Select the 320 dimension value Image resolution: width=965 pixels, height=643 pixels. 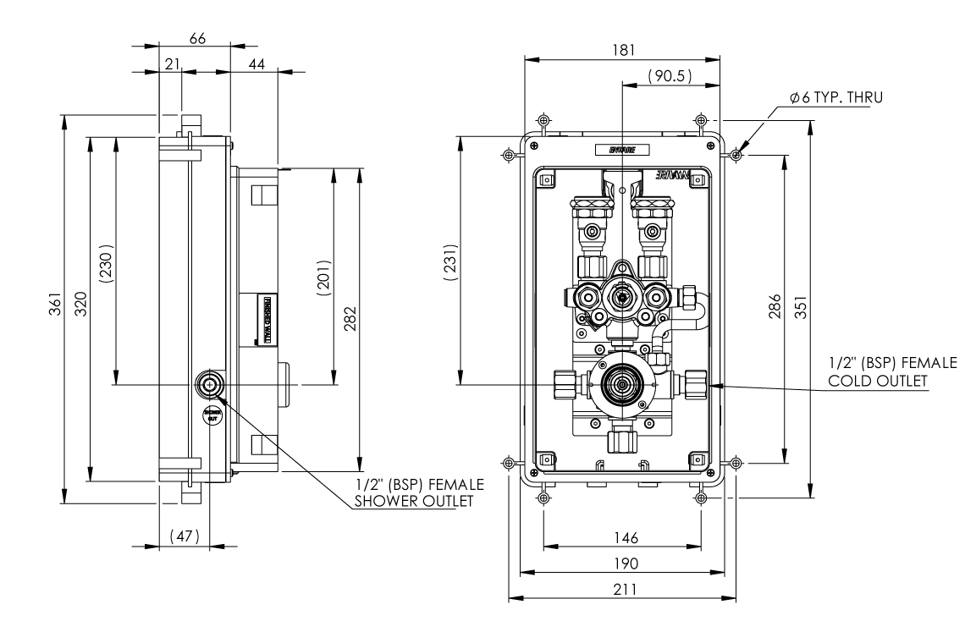click(x=79, y=304)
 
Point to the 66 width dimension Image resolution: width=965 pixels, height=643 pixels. click(x=197, y=38)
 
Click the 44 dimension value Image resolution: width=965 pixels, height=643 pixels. click(x=254, y=64)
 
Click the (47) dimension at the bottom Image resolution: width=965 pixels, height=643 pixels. click(x=184, y=536)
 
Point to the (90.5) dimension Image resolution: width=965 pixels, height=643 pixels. click(x=670, y=76)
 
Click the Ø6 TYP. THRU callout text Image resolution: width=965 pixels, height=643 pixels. click(x=835, y=98)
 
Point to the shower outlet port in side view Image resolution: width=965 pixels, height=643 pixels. click(x=209, y=385)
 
